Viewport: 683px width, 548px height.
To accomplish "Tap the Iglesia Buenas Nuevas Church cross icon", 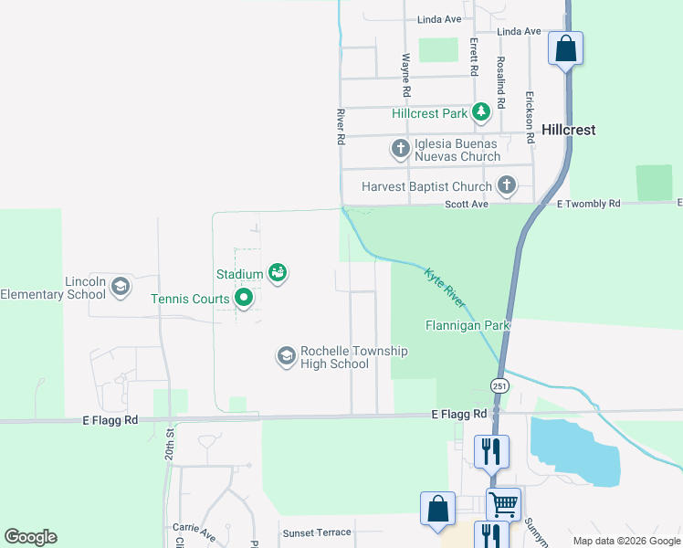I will pos(400,148).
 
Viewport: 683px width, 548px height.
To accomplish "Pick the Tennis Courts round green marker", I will pos(244,298).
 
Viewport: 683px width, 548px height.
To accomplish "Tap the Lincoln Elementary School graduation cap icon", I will pos(121,288).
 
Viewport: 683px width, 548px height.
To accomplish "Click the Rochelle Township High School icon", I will pos(286,355).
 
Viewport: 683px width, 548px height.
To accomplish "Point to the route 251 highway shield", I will pos(499,386).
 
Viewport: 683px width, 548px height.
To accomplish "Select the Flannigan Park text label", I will pos(468,325).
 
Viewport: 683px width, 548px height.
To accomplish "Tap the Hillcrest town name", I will pos(568,130).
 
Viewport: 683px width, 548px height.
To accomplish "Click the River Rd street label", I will pos(341,127).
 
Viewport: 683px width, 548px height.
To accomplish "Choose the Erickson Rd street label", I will pos(529,111).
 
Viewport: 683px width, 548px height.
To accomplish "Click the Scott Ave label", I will pos(467,205).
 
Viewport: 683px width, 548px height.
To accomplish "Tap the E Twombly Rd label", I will pos(588,204).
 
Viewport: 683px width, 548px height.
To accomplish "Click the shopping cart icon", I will pos(503,501).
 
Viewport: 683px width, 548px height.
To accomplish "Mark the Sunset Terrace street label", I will pos(316,532).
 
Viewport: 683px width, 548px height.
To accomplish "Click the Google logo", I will pos(30,537).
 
